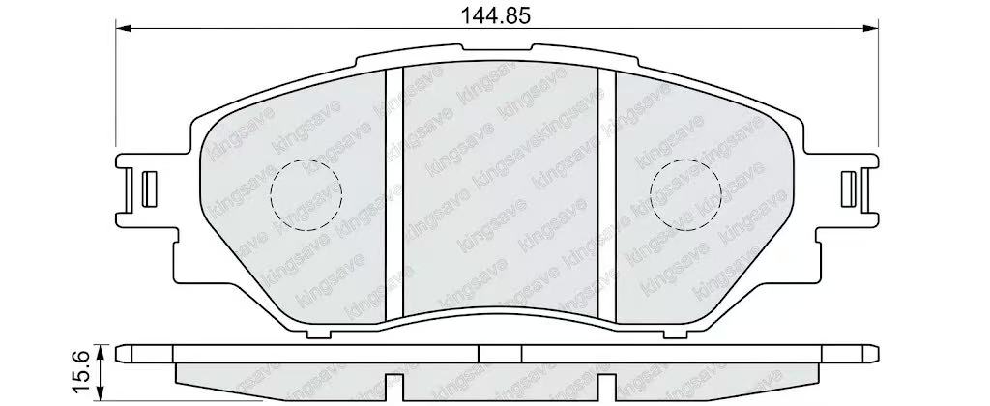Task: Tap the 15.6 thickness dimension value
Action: point(84,368)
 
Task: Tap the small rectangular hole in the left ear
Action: point(149,187)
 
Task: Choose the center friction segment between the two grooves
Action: point(500,184)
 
